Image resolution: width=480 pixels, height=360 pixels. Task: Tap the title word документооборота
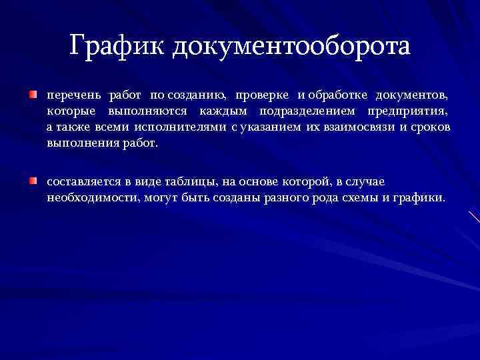pyautogui.click(x=291, y=47)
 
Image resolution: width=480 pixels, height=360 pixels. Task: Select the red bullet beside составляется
pyautogui.click(x=33, y=181)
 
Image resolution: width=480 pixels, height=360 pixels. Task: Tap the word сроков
pyautogui.click(x=431, y=127)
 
